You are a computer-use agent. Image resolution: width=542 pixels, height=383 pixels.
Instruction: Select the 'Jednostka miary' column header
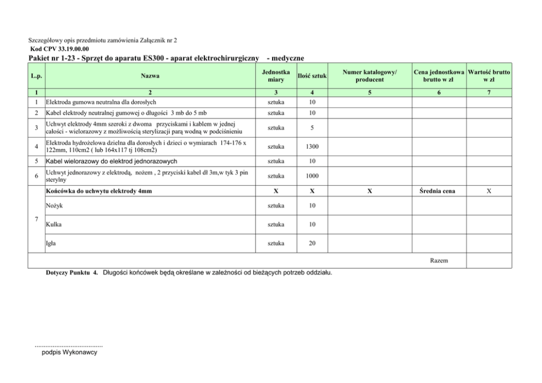tap(276, 76)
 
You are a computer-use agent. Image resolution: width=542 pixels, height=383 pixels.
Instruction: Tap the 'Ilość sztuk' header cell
tap(311, 76)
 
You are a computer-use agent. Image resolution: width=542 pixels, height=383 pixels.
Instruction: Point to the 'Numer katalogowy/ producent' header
tap(370, 76)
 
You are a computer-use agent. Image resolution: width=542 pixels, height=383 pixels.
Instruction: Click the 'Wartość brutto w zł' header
tap(489, 76)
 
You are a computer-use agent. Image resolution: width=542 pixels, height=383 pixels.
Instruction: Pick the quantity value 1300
tap(311, 146)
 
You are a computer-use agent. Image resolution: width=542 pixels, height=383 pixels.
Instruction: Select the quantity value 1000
tap(311, 176)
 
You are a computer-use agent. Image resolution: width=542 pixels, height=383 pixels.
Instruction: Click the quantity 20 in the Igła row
tap(311, 244)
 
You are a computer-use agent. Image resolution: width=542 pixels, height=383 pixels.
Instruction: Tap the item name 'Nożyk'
tap(54, 205)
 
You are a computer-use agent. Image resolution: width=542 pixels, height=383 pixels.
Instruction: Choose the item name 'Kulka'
tap(54, 225)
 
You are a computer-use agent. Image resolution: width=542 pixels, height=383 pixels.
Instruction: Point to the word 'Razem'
tap(439, 261)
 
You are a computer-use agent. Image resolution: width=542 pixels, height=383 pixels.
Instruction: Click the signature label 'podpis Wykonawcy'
tap(69, 353)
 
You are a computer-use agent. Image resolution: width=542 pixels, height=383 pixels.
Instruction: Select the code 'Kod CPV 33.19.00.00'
tap(59, 49)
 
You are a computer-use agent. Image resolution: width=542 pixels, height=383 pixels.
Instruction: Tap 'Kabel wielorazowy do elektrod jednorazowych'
tap(111, 161)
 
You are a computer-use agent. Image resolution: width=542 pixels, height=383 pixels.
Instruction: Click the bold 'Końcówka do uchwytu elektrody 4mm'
tap(99, 191)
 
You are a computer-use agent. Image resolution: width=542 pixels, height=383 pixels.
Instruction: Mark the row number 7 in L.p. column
tap(36, 219)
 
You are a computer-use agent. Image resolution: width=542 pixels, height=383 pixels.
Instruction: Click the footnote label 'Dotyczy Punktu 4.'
tap(72, 272)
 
